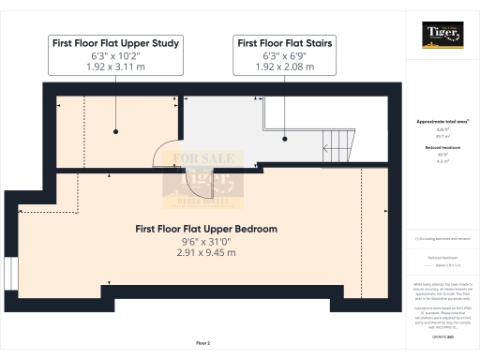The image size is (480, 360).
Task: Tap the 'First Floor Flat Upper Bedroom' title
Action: click(x=206, y=229)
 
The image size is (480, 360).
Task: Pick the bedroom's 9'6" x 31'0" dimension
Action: click(x=206, y=241)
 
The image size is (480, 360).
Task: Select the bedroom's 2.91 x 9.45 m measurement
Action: click(x=206, y=252)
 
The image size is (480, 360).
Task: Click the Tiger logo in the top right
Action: click(x=442, y=36)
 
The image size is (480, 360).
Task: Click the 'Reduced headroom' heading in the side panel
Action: click(x=442, y=148)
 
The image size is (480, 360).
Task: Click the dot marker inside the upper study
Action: click(x=115, y=131)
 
